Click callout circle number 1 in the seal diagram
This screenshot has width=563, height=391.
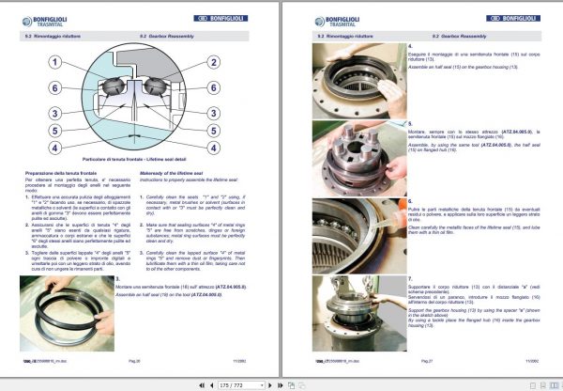57,62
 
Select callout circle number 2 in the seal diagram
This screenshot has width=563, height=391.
214,62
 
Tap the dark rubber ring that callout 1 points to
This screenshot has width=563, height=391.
117,98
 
